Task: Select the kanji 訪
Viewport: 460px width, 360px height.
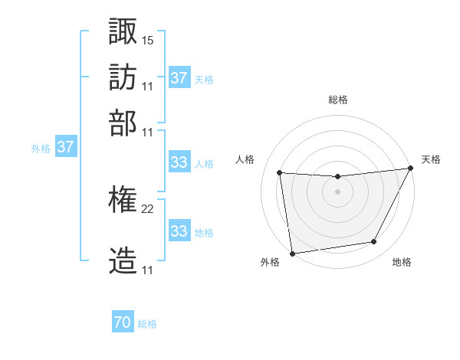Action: pyautogui.click(x=123, y=77)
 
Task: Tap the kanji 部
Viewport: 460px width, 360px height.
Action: pyautogui.click(x=123, y=123)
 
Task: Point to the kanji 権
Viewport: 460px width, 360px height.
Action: pyautogui.click(x=123, y=201)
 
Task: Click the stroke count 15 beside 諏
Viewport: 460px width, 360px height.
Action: pyautogui.click(x=148, y=39)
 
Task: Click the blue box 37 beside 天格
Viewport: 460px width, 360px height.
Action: pyautogui.click(x=179, y=77)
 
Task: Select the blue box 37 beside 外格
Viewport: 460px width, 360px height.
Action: pyautogui.click(x=65, y=146)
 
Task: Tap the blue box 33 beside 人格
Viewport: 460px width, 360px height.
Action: pyautogui.click(x=179, y=162)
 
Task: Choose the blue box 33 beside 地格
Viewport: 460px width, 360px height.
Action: pyautogui.click(x=179, y=231)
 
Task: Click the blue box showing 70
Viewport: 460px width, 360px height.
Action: pyautogui.click(x=123, y=323)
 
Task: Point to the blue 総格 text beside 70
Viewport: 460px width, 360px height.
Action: pyautogui.click(x=147, y=324)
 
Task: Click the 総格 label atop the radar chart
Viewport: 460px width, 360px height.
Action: pyautogui.click(x=338, y=100)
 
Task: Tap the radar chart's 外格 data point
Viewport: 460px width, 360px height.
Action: pyautogui.click(x=292, y=253)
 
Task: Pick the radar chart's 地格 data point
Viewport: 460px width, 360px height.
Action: pyautogui.click(x=374, y=242)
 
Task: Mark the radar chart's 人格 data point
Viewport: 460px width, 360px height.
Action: pyautogui.click(x=280, y=172)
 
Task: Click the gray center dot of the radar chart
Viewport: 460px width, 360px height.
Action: pyautogui.click(x=337, y=191)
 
